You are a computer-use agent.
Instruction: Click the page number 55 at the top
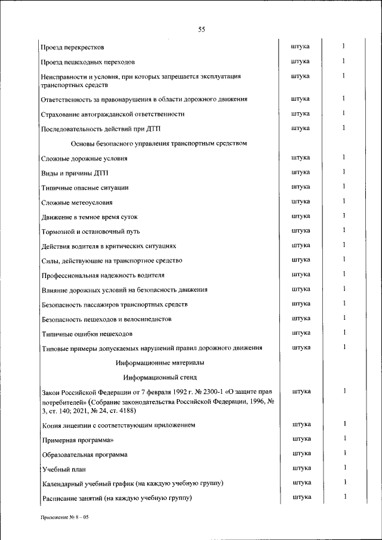[201, 30]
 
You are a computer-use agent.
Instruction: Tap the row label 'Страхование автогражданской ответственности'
[113, 114]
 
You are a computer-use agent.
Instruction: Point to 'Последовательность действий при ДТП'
[101, 129]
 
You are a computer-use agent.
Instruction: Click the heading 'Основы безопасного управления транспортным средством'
[159, 144]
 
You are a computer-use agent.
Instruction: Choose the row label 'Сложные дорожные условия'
[84, 159]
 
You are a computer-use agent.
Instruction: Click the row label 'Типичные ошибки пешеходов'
[87, 334]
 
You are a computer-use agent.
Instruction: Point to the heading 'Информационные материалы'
[159, 362]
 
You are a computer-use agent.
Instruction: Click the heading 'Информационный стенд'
[159, 378]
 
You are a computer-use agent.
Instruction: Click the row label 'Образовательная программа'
[85, 455]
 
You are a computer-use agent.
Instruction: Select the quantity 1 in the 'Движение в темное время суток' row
[344, 216]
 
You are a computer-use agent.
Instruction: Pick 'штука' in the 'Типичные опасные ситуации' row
[301, 187]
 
